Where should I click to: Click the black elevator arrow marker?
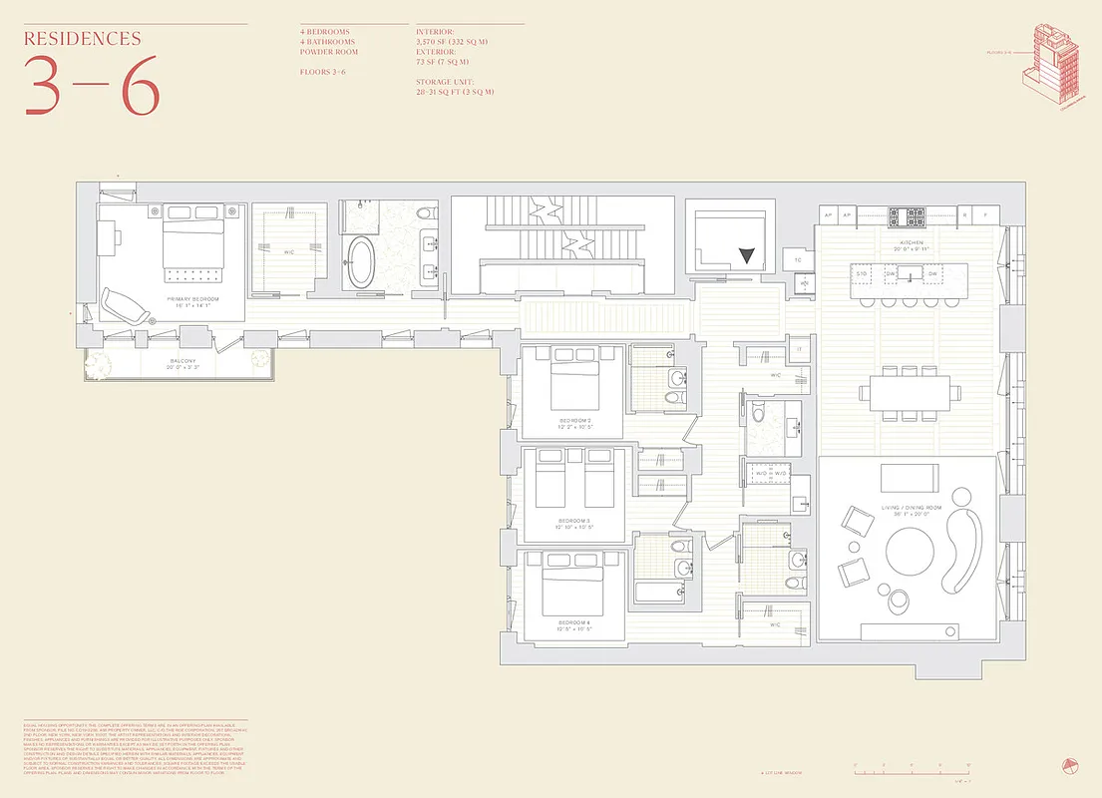[x=747, y=255]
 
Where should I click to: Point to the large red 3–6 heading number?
[x=91, y=86]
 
